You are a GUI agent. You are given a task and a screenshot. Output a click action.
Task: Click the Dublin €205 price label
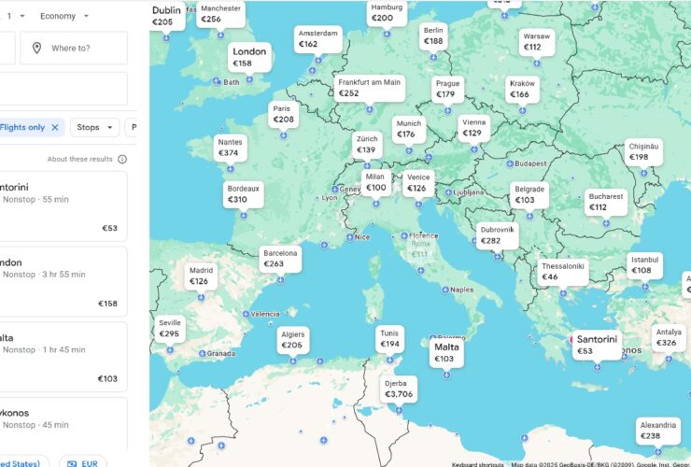click(x=166, y=16)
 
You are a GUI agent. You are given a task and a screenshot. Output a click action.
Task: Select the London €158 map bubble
click(x=249, y=57)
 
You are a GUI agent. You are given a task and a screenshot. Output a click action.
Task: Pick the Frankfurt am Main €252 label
click(x=369, y=88)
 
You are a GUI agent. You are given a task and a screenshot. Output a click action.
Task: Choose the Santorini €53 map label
click(x=597, y=345)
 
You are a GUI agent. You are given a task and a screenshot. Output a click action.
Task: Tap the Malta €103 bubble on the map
click(x=446, y=352)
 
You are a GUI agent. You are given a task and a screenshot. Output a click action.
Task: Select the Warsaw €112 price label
click(x=536, y=42)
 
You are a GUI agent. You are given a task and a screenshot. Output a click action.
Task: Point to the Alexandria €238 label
click(x=657, y=431)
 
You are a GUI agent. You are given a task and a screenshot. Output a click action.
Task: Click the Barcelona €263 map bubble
click(x=280, y=259)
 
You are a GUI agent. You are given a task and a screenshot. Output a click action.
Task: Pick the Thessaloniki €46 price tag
click(x=562, y=271)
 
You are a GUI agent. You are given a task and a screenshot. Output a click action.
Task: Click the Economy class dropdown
click(x=64, y=16)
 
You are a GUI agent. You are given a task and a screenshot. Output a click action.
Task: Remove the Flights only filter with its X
click(x=55, y=127)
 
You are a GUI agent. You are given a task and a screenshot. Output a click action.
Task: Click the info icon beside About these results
click(x=122, y=159)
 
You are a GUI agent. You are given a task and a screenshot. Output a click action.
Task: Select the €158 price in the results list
click(x=108, y=304)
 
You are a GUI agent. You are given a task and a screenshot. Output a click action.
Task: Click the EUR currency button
click(x=83, y=461)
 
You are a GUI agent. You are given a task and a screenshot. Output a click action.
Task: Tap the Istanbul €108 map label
click(x=644, y=265)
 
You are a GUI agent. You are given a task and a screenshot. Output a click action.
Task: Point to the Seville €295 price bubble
click(x=169, y=328)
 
